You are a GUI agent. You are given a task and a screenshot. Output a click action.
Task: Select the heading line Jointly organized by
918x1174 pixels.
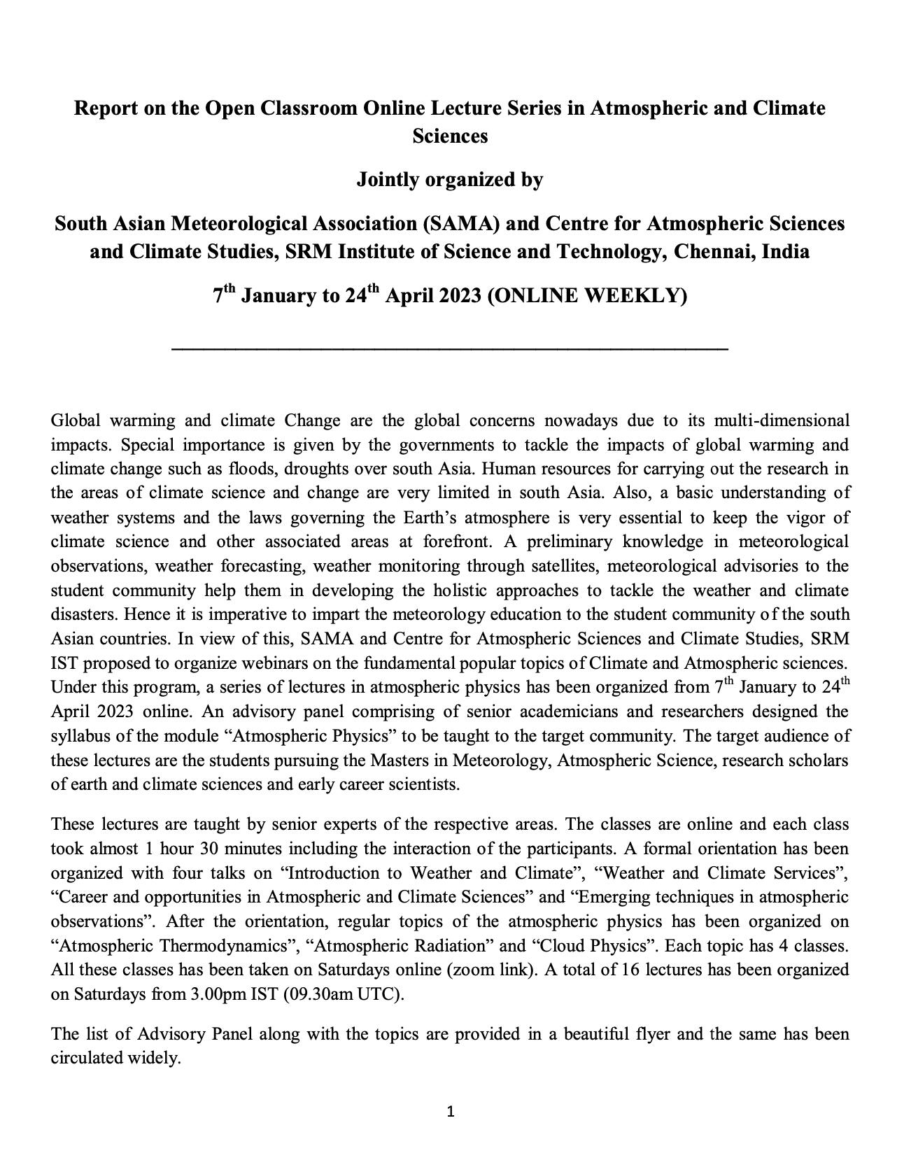[450, 180]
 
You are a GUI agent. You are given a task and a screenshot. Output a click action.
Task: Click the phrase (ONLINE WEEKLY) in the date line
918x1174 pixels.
[586, 296]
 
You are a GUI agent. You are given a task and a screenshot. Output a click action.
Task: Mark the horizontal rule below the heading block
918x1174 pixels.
[450, 348]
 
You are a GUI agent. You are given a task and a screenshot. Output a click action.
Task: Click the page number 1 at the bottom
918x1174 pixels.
[451, 1112]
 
